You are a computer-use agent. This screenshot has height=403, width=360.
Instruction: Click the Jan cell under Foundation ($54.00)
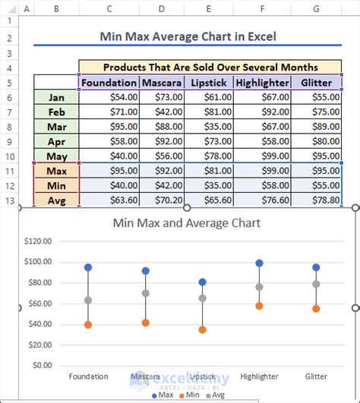109,97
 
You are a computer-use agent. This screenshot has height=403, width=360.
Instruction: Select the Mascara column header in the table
161,83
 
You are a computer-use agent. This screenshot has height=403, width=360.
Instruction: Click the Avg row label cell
55,200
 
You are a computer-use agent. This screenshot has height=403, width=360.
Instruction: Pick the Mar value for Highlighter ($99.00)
262,126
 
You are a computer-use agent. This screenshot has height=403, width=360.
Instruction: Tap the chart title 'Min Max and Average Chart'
186,223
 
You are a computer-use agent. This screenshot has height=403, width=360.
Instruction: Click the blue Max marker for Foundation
88,267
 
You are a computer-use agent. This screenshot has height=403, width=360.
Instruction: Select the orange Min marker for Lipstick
202,330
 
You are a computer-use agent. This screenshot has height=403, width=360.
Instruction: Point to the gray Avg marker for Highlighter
259,287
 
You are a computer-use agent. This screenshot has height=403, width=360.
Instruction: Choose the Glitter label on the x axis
316,376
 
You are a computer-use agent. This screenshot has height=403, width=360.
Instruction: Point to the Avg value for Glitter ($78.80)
316,200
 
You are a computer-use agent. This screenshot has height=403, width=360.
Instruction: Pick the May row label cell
55,156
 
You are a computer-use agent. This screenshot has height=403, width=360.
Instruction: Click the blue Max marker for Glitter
316,267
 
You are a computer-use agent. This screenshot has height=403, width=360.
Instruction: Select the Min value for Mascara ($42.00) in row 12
161,185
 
